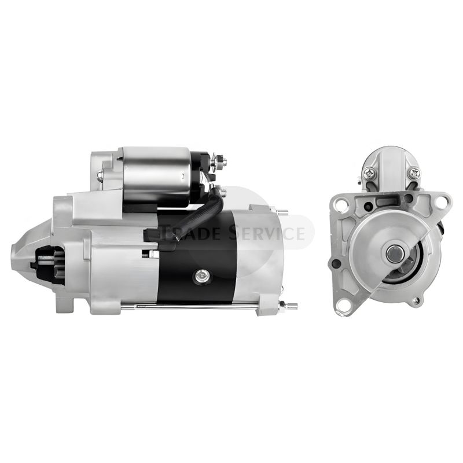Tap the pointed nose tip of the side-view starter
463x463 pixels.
click(x=12, y=261)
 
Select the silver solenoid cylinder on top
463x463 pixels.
click(x=156, y=176)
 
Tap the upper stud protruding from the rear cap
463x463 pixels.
click(x=283, y=212)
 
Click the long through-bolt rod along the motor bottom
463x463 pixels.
click(x=189, y=307)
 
